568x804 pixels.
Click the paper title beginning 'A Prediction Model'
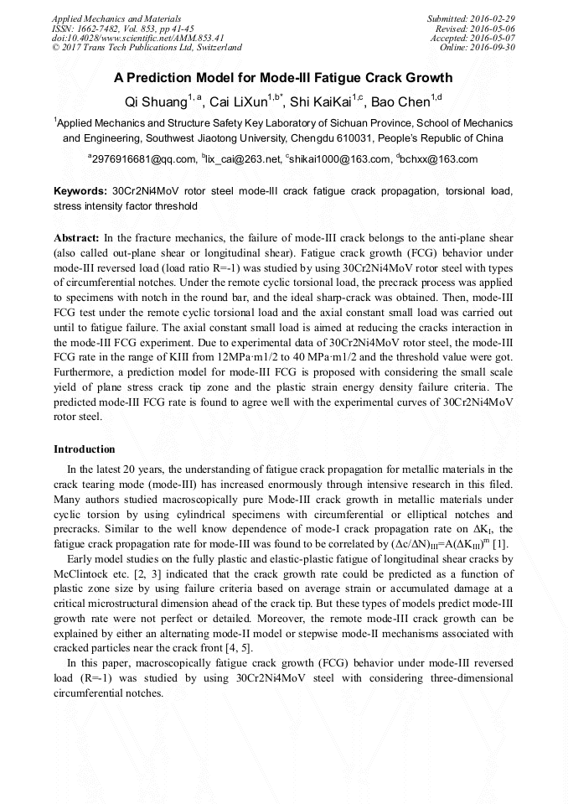click(x=283, y=78)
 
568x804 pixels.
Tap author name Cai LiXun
click(x=238, y=101)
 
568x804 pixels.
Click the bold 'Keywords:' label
click(x=80, y=191)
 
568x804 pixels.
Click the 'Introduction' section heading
click(x=85, y=449)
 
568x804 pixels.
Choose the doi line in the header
click(x=126, y=38)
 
